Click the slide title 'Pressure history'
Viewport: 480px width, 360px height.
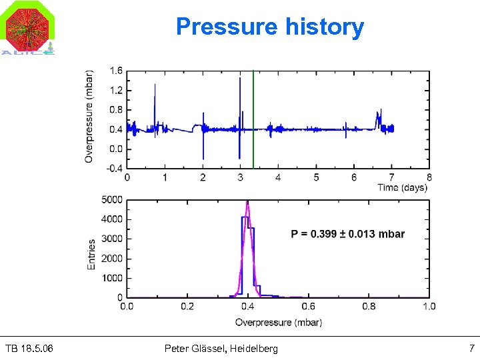(x=270, y=27)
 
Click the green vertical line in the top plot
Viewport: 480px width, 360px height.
(x=253, y=120)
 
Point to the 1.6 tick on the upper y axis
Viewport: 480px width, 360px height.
(x=115, y=71)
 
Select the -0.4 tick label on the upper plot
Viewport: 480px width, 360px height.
(x=115, y=168)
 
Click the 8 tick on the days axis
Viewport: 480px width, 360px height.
(x=429, y=177)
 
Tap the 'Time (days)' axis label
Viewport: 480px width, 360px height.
(x=402, y=187)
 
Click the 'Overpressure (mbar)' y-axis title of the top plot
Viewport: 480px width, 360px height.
(x=89, y=117)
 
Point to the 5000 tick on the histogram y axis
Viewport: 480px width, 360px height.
(x=111, y=199)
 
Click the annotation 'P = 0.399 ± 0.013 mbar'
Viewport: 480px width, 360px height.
(x=347, y=234)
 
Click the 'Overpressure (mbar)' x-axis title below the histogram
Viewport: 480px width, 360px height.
(x=278, y=323)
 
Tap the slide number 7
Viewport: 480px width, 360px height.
(x=471, y=349)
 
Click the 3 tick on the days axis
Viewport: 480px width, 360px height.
(x=241, y=177)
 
